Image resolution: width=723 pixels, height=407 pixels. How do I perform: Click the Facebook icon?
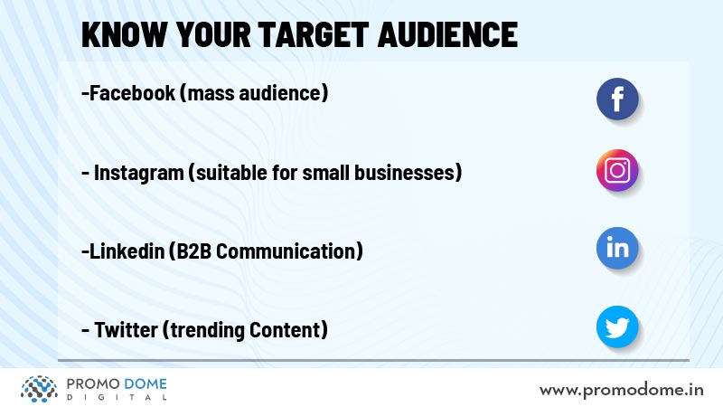click(617, 99)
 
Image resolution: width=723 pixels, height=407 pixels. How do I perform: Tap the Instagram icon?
click(617, 170)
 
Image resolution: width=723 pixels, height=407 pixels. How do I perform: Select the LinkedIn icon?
click(617, 248)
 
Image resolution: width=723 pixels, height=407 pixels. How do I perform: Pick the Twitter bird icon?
click(617, 327)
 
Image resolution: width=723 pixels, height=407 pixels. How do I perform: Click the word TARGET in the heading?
click(313, 34)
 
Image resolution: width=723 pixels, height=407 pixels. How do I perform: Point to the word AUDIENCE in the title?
click(447, 34)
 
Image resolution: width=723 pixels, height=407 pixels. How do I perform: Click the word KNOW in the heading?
click(124, 34)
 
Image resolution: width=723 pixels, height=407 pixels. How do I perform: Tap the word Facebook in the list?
click(132, 93)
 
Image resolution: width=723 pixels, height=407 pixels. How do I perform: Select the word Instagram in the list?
click(139, 173)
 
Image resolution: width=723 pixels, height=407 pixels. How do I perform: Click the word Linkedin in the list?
click(127, 251)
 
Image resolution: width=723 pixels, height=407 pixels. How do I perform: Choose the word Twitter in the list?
click(126, 329)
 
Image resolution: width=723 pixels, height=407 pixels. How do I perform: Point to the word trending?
click(207, 330)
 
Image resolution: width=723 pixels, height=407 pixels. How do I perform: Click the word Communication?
click(286, 251)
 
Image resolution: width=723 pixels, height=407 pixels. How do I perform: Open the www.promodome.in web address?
click(621, 390)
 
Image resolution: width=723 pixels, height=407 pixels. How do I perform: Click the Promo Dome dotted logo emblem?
click(39, 389)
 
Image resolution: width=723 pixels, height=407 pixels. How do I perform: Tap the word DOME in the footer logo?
click(146, 383)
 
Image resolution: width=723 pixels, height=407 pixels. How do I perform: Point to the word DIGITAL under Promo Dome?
click(117, 397)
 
